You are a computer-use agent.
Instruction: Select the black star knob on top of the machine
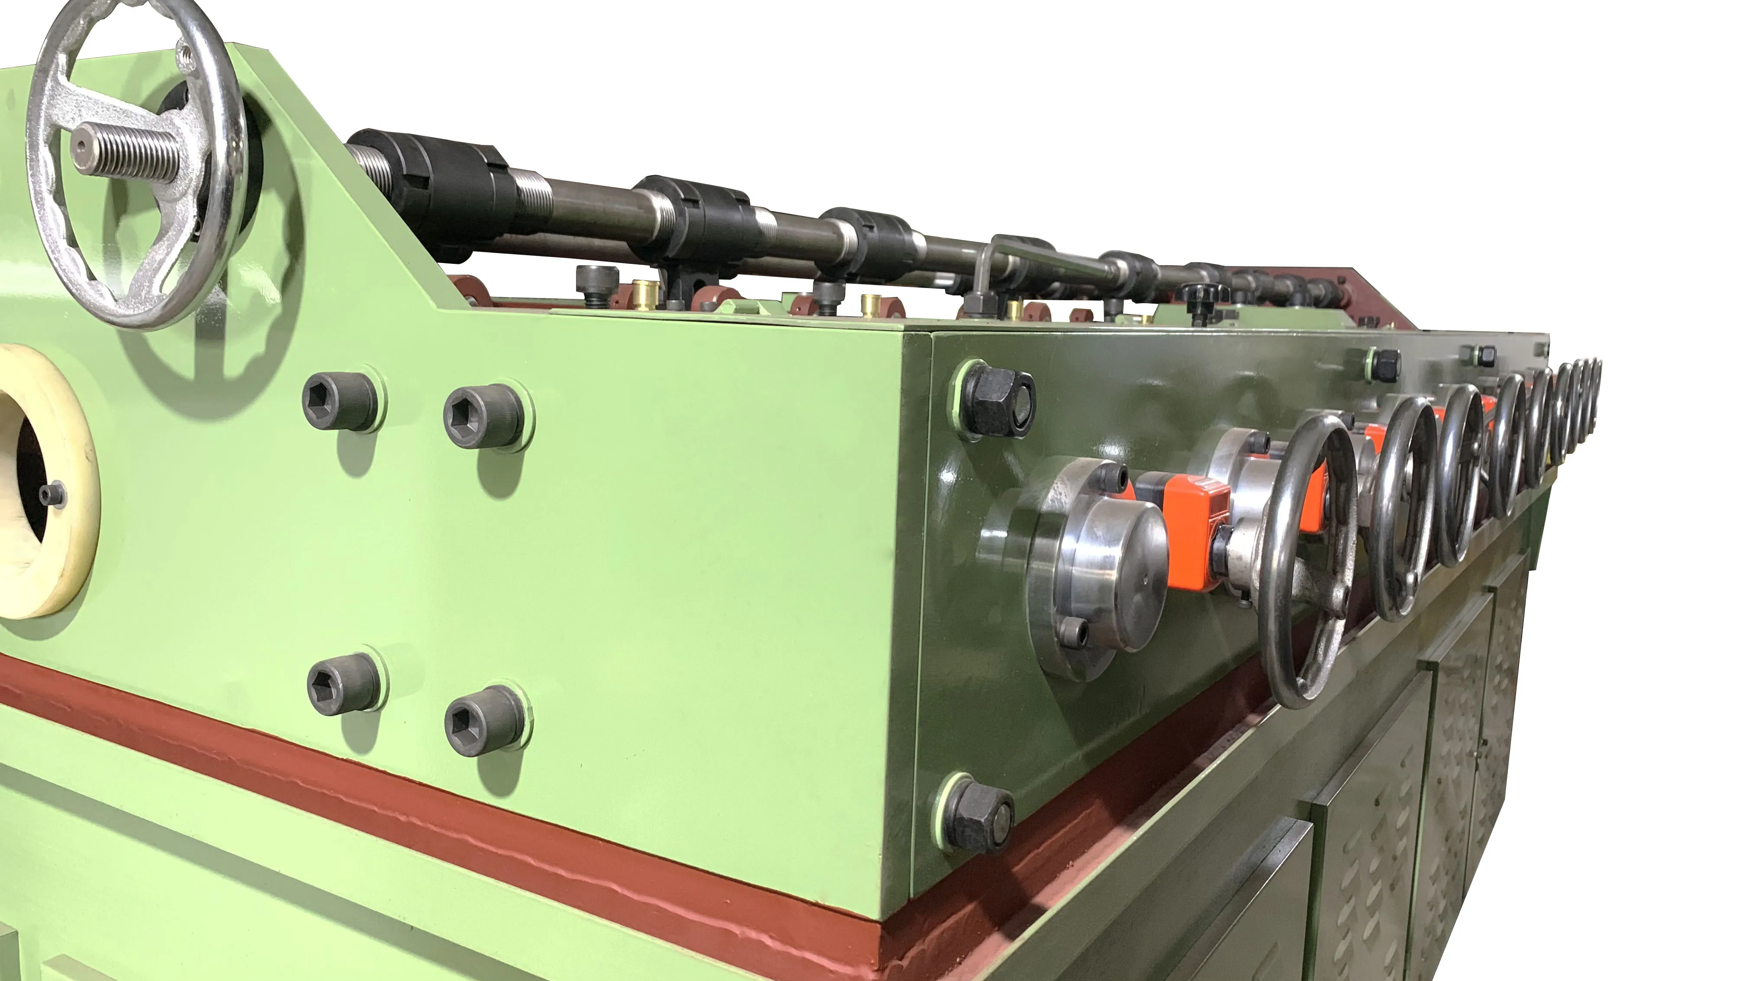click(x=1202, y=297)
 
